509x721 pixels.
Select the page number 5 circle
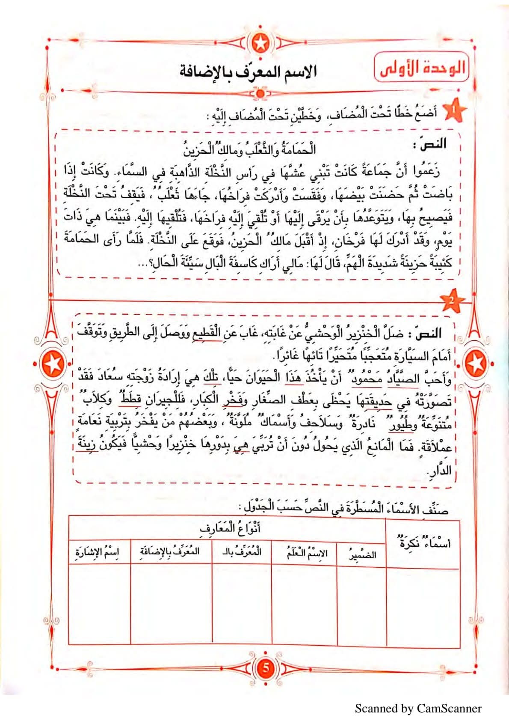click(x=265, y=667)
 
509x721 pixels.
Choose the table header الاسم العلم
click(x=307, y=553)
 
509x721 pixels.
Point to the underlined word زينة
click(x=87, y=446)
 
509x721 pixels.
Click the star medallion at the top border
click(x=259, y=42)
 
